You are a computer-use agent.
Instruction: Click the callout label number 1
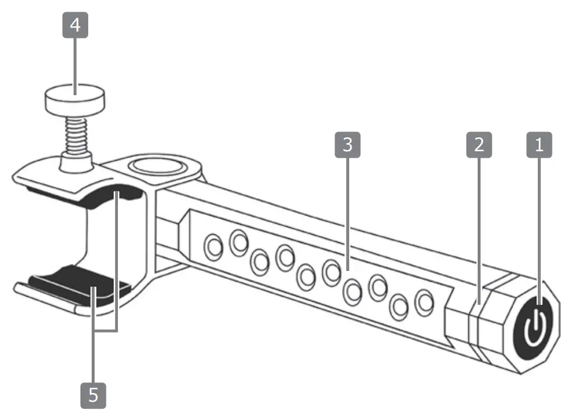(x=539, y=145)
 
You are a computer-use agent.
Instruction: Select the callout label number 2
(x=479, y=145)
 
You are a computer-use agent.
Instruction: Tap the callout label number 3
(x=348, y=145)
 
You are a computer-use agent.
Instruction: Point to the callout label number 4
(x=75, y=26)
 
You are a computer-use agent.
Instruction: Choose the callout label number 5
(x=93, y=396)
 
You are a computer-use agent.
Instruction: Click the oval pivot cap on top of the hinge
(x=159, y=166)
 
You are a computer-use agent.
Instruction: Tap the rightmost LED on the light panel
(x=423, y=302)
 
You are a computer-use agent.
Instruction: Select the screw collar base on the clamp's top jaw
(x=75, y=163)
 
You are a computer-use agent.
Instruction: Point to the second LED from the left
(x=238, y=242)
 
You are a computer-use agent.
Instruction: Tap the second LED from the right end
(x=400, y=307)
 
